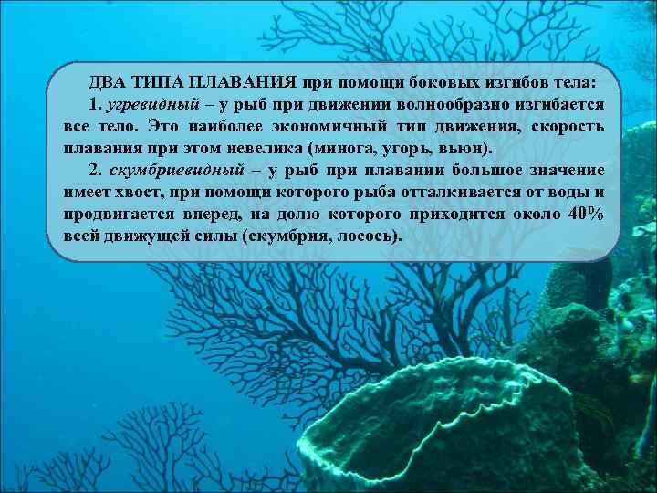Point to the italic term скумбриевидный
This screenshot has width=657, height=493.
(x=176, y=170)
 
